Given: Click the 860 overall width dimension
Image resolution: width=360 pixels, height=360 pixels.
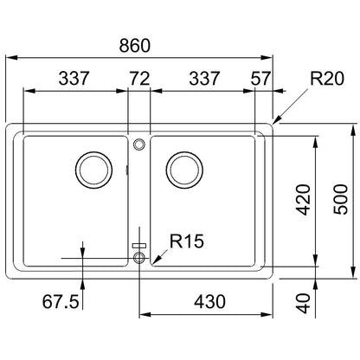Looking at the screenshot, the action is coord(135,45).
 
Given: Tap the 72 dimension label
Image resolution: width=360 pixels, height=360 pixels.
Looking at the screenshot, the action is coord(139,79).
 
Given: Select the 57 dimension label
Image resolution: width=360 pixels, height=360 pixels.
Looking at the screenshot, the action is coord(260,79).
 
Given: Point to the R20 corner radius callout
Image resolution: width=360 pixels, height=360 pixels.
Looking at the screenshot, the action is coord(327,79).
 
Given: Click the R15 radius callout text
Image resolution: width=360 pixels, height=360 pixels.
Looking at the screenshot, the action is coord(187,241).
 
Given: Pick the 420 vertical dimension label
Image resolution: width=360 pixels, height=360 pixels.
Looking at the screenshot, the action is coord(304,200).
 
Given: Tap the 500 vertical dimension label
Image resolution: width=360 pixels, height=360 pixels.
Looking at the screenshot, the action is coord(341,199).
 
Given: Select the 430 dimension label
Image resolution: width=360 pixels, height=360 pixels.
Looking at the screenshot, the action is coord(209,302).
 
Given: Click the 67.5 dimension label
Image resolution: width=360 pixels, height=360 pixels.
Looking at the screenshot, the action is coord(61,302).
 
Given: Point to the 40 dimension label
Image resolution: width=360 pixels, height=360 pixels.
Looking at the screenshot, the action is coord(304,304).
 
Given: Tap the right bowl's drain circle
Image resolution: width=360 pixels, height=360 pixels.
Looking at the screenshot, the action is coord(184,153).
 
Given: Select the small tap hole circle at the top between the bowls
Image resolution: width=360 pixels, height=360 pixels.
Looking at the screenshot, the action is coord(139,139).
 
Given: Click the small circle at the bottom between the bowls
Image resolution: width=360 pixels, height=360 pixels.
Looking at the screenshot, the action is coord(139,253).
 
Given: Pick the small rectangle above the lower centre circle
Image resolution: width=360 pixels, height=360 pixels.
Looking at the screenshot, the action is coord(139,246).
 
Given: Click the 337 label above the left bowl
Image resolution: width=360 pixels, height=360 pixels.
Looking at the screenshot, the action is coord(74,79).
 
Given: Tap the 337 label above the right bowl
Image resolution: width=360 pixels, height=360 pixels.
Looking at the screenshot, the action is coord(204,79).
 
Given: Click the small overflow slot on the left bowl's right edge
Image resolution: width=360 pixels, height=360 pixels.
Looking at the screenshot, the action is coord(127,170).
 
